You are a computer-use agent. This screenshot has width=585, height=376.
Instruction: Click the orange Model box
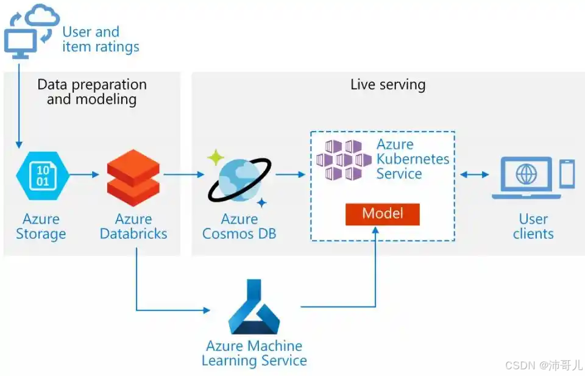383,214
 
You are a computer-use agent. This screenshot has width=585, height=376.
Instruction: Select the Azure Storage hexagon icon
43,176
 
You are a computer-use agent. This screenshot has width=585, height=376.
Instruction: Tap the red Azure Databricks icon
133,178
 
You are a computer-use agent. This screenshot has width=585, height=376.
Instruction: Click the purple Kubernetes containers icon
344,160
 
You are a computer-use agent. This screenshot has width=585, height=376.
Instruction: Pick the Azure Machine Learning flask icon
254,307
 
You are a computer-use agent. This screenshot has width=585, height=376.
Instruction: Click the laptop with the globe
526,177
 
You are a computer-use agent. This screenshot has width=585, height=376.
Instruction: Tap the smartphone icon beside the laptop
567,174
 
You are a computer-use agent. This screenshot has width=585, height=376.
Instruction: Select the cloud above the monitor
42,15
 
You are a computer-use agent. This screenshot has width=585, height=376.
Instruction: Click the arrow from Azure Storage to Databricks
84,174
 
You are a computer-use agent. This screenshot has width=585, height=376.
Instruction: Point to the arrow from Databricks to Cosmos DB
184,174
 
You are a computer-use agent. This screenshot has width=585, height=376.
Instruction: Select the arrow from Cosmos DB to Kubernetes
290,174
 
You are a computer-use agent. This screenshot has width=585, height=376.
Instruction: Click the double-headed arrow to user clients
475,174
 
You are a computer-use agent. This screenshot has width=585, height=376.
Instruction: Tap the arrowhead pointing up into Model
375,230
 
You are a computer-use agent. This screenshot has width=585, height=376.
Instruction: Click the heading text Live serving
388,85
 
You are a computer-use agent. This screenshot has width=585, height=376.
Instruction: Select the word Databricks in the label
133,234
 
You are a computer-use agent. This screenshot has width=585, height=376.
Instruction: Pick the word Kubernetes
413,159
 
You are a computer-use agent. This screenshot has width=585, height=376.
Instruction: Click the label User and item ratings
101,39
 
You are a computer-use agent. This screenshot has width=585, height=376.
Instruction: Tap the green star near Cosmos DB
216,157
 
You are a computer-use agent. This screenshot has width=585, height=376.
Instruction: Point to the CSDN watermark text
544,365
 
